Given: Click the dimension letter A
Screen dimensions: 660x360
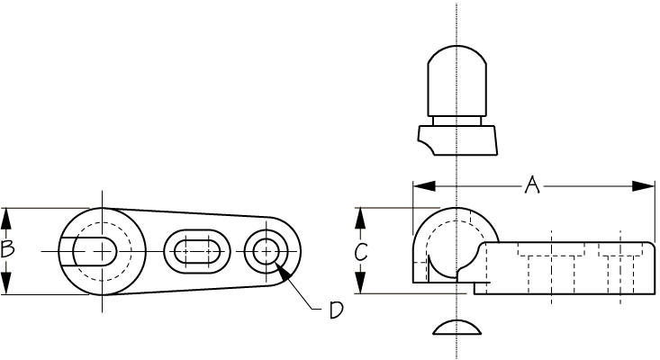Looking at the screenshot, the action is tap(532, 185).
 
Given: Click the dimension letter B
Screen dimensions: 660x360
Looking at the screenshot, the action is tap(7, 249).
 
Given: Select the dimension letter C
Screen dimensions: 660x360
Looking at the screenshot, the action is tap(361, 251).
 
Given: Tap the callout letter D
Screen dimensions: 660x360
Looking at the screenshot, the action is tap(336, 310).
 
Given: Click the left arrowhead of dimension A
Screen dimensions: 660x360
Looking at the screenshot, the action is tap(424, 186).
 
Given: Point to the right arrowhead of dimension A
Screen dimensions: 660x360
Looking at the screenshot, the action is tap(644, 186).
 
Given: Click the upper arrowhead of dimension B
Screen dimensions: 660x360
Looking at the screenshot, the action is tap(6, 219).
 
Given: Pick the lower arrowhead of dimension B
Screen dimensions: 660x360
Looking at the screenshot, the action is tap(6, 283).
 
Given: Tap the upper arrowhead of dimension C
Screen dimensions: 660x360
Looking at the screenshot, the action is tap(360, 219).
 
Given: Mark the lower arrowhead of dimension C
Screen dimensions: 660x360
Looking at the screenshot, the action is tap(360, 283).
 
